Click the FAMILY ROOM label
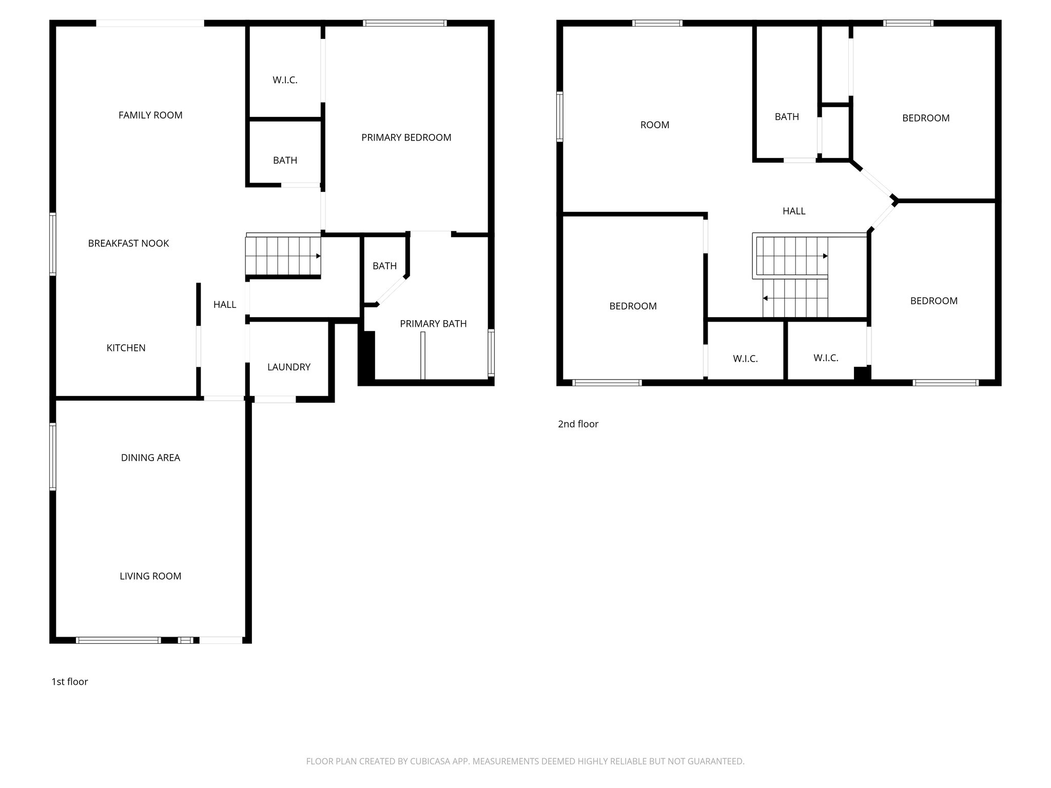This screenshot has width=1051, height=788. pyautogui.click(x=150, y=115)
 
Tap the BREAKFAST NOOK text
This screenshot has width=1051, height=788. pyautogui.click(x=128, y=243)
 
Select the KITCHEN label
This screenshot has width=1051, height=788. pyautogui.click(x=126, y=348)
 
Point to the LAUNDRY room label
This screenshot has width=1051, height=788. pyautogui.click(x=288, y=367)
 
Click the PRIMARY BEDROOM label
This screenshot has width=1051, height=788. pyautogui.click(x=406, y=137)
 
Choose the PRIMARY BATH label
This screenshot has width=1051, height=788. pyautogui.click(x=433, y=324)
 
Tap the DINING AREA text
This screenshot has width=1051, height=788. pyautogui.click(x=150, y=458)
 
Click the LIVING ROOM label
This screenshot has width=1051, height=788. pyautogui.click(x=150, y=576)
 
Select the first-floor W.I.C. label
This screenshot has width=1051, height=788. pyautogui.click(x=285, y=80)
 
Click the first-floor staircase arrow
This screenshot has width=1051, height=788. pyautogui.click(x=318, y=255)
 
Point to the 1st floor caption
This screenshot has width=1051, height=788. pyautogui.click(x=70, y=681)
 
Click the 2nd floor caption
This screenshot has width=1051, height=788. pyautogui.click(x=578, y=424)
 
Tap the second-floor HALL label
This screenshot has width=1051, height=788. pyautogui.click(x=793, y=211)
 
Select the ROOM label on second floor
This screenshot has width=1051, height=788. pyautogui.click(x=654, y=125)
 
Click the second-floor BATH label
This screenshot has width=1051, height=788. pyautogui.click(x=786, y=117)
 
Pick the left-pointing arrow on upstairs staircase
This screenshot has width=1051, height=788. pyautogui.click(x=765, y=298)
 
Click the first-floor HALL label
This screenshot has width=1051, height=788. pyautogui.click(x=225, y=305)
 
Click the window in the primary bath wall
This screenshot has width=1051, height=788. pyautogui.click(x=491, y=352)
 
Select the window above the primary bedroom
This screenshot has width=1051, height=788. pyautogui.click(x=404, y=23)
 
